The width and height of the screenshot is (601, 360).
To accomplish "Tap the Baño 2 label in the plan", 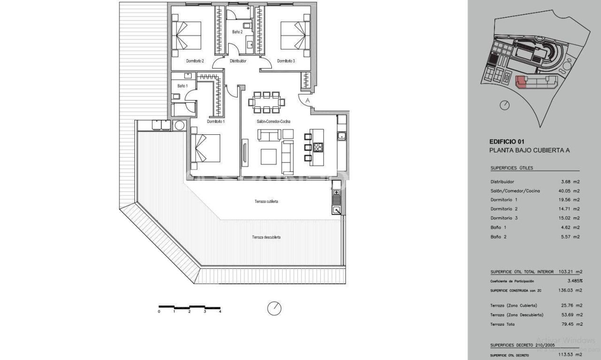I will pos(237,32).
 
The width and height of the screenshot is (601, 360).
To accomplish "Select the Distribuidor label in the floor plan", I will pos(238,61).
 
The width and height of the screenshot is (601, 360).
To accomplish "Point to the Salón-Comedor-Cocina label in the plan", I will pos(273,122).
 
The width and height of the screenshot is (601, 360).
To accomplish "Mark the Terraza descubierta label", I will pos(266,237).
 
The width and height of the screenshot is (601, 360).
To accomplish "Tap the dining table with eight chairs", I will pos(267,102).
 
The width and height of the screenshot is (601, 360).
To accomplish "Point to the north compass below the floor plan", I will pos(274,308).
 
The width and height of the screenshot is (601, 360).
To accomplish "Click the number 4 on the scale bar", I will pos(220,311).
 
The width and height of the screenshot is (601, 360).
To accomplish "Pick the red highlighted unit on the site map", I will pos(521,83).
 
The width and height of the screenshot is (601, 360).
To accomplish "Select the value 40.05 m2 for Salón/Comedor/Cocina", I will pos(570,191).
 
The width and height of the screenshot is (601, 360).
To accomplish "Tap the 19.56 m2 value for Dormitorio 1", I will pos(570,200).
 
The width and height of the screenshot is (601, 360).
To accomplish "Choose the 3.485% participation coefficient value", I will pos(575,281).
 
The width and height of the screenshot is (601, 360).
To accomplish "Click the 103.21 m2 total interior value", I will pos(570,272).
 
